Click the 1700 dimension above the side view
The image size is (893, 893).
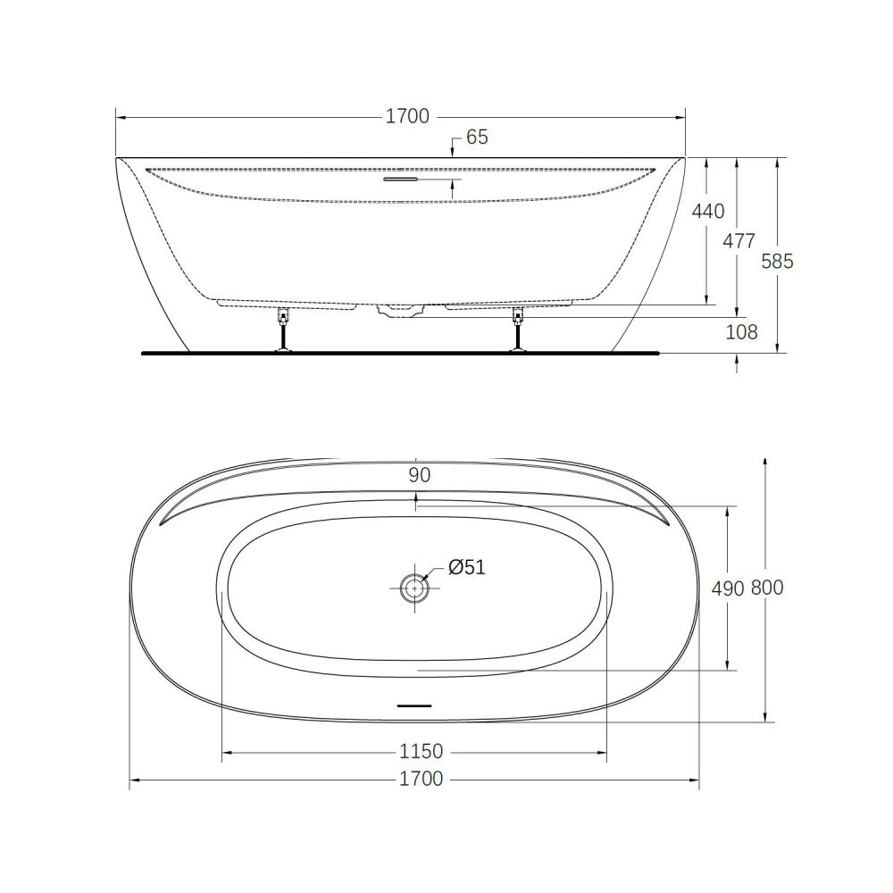[407, 116]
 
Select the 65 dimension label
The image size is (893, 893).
[477, 138]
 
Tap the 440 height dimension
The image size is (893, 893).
[708, 212]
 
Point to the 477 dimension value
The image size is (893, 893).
[739, 241]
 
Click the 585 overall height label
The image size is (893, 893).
[778, 262]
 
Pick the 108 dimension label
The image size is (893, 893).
[741, 332]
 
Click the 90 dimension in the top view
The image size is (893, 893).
[419, 475]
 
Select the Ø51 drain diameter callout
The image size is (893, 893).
[467, 567]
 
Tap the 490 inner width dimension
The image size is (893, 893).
[728, 588]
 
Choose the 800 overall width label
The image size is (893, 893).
[767, 588]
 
